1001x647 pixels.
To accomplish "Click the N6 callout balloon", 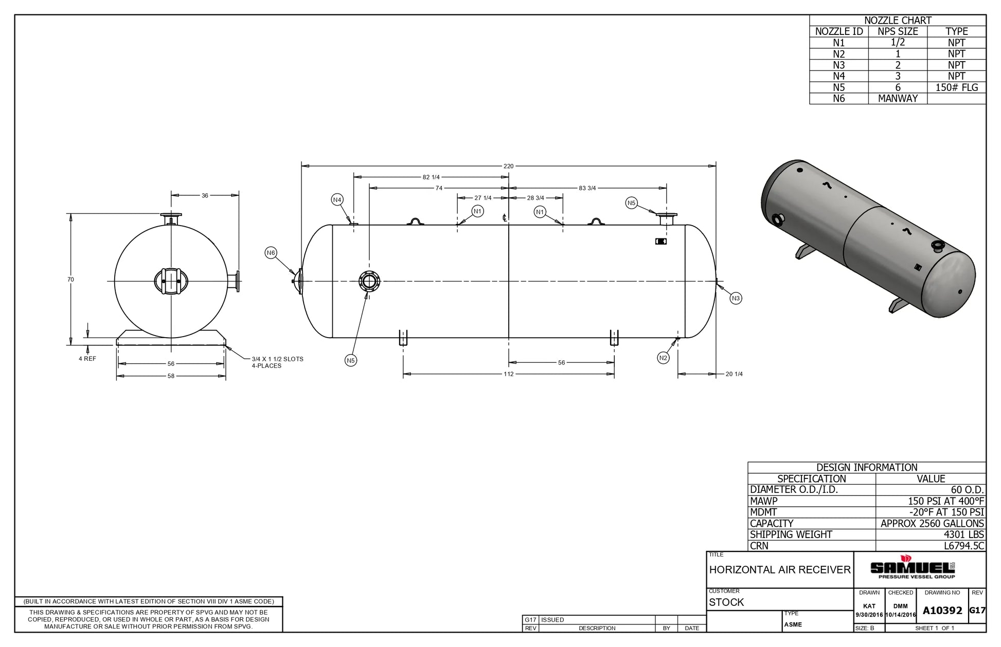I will coord(271,252).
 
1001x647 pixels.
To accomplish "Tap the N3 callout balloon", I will coord(736,298).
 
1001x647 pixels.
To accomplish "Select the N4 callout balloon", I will coord(337,200).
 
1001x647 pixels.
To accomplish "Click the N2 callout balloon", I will coord(664,358).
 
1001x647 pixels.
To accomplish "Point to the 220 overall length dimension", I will coord(508,166).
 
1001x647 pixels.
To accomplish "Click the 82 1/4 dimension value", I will coord(431,177).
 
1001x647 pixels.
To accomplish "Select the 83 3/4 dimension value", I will coord(587,188).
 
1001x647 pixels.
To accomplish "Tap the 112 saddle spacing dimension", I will coord(508,374).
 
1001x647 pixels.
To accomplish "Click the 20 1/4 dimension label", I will coord(734,374).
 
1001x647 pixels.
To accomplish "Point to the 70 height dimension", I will coord(70,280).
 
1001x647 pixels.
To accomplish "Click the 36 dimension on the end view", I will coord(205,195).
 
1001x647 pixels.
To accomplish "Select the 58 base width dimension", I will coord(171,376).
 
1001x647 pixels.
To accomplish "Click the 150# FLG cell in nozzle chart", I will coord(956,87).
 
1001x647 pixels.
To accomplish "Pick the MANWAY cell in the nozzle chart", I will coord(898,99).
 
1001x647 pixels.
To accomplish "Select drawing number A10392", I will coord(942,611).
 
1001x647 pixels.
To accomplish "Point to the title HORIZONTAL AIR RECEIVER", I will coord(780,569).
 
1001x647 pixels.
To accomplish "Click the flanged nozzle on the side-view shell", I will coord(369,281).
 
